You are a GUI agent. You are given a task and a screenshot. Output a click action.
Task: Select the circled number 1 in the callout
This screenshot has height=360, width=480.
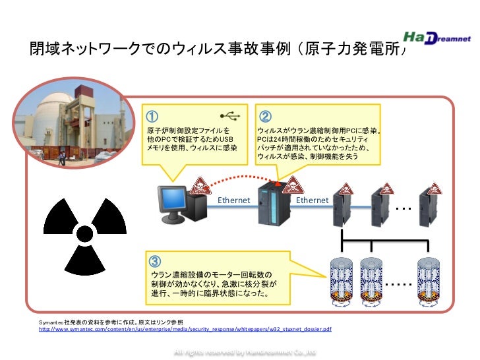(x=151, y=116)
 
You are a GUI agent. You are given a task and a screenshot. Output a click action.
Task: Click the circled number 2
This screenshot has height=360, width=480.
(x=265, y=116)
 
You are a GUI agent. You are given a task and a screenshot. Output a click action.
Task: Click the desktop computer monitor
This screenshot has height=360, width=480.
(x=171, y=198)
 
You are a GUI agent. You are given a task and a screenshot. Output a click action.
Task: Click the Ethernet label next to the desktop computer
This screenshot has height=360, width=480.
(x=233, y=200)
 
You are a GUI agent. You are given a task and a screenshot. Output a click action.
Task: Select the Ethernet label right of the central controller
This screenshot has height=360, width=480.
(x=313, y=200)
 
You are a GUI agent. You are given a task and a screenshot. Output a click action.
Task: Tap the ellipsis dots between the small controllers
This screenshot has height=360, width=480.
(x=404, y=208)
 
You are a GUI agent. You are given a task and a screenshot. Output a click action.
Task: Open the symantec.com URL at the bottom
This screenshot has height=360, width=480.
(x=185, y=328)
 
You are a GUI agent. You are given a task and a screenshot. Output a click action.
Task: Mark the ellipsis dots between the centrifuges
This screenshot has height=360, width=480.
(x=396, y=284)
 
